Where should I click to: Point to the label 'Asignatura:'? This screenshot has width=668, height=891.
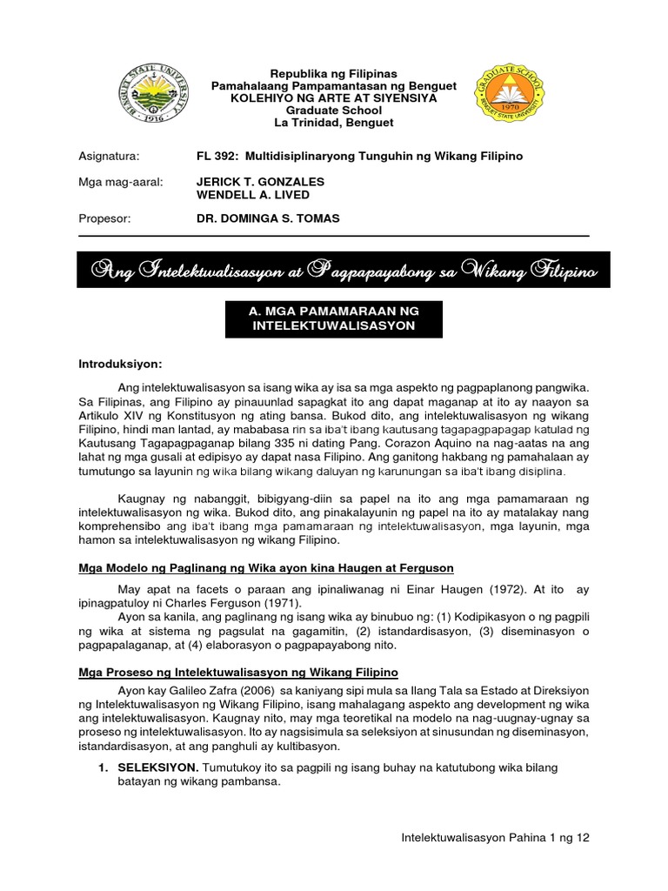click(109, 156)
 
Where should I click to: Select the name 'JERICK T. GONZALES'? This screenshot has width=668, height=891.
click(261, 181)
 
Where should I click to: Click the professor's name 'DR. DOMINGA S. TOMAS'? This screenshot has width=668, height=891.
click(268, 219)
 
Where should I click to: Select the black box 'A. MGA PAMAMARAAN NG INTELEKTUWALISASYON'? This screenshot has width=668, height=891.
click(334, 318)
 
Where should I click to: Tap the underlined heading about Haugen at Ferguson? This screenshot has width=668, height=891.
click(266, 568)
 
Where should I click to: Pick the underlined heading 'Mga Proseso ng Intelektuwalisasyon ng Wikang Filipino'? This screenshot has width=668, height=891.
click(238, 673)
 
